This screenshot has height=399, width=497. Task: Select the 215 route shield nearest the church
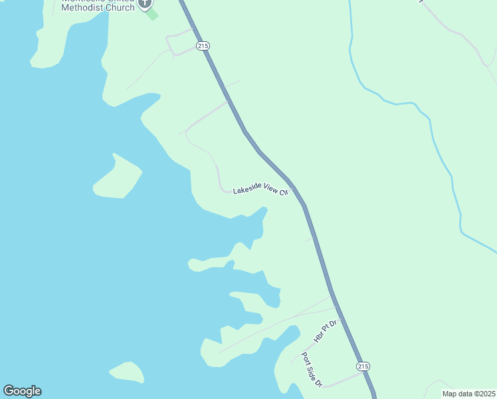pos(203,45)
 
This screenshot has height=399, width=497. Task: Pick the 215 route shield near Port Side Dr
pos(362,366)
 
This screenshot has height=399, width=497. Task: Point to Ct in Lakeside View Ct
pos(284,193)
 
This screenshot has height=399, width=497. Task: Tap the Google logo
pos(22,391)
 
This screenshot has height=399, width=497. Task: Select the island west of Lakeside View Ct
pos(118,178)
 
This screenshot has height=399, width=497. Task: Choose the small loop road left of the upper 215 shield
pos(178,43)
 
